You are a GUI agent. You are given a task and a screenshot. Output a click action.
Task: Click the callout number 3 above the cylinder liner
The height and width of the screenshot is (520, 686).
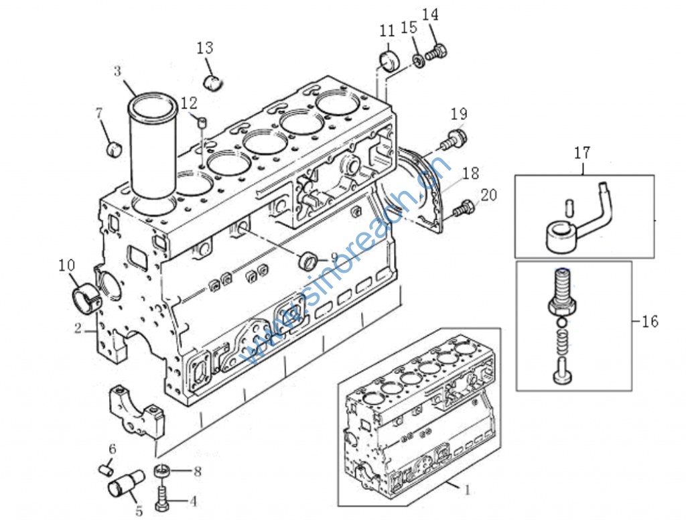(117, 71)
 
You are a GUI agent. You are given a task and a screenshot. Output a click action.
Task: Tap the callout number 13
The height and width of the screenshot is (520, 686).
(205, 48)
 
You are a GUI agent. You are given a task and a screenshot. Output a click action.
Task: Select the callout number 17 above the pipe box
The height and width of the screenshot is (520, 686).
(582, 153)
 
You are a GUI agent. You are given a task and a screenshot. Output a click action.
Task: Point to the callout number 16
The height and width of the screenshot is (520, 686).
(650, 322)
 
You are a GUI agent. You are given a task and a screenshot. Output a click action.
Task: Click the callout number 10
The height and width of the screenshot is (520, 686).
(67, 265)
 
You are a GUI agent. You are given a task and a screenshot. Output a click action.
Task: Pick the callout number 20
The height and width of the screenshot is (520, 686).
(488, 195)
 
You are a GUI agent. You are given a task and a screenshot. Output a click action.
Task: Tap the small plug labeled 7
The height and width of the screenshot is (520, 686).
(114, 149)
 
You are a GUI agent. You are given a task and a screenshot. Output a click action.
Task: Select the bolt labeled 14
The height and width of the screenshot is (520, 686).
(435, 53)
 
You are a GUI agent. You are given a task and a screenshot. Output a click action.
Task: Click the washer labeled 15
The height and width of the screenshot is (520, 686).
(419, 60)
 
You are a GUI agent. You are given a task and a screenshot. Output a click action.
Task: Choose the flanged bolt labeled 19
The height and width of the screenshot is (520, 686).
(454, 139)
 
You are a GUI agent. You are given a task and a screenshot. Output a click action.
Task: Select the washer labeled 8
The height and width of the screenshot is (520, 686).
(161, 471)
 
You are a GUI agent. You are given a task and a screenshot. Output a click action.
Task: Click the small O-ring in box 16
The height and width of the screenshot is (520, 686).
(563, 322)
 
